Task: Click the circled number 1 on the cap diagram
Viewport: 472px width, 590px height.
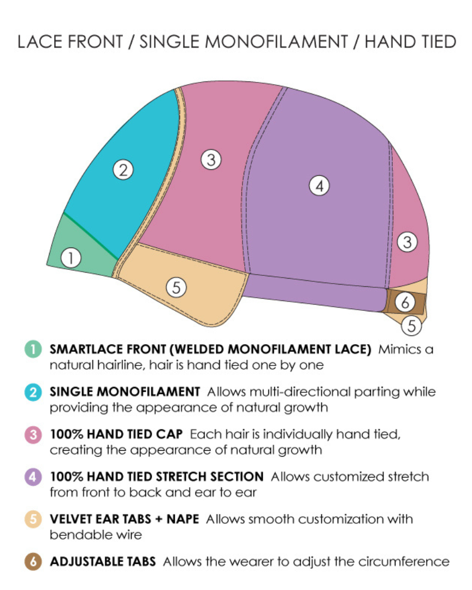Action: [70, 258]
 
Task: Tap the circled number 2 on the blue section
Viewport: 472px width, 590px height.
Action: [123, 170]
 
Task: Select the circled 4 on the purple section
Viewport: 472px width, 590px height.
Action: [320, 186]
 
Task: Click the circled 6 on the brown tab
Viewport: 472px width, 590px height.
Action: [405, 302]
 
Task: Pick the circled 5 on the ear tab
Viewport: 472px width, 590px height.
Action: [176, 287]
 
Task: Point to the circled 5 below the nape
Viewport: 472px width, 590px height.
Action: [412, 326]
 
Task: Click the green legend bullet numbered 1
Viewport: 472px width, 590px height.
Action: [33, 349]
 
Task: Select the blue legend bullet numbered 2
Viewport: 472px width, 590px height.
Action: [33, 392]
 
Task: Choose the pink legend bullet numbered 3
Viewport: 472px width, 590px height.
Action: [33, 435]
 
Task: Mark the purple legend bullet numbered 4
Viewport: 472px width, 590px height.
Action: [33, 477]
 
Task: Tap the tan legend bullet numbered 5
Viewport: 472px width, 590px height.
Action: [33, 519]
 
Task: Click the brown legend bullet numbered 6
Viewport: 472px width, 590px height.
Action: [33, 562]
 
